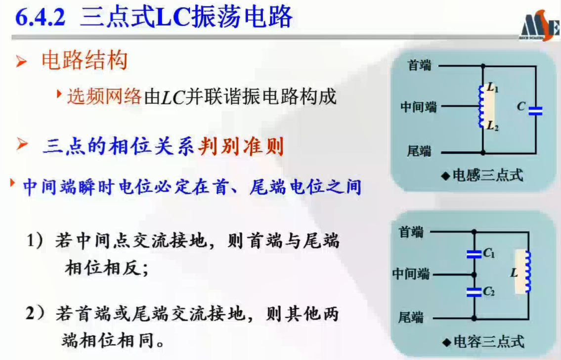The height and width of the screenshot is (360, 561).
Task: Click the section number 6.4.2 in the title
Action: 40,17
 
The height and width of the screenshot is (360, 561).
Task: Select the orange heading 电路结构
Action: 85,60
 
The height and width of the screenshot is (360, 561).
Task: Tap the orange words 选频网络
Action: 104,96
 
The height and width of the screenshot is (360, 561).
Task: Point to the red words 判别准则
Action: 242,146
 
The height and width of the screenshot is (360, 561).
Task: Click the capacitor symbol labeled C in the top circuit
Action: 535,111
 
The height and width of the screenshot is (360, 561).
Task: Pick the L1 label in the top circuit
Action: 493,88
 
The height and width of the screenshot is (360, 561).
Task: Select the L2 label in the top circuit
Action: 493,126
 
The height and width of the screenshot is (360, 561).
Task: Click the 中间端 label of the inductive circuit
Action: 419,107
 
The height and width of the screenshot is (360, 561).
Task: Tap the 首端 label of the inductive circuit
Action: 419,65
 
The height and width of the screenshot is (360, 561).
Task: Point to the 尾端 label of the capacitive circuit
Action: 411,317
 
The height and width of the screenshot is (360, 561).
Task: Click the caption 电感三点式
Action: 488,175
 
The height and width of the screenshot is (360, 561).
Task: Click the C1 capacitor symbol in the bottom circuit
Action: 474,254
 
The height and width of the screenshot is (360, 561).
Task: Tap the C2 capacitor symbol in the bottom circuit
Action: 474,292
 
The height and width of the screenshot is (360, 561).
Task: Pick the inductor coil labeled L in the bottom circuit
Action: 527,271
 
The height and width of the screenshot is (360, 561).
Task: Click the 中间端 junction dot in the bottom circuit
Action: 474,275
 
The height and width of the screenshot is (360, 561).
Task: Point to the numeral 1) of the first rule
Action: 35,240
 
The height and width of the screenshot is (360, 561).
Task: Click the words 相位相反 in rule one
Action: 102,267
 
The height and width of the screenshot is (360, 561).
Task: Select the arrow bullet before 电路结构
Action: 21,61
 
